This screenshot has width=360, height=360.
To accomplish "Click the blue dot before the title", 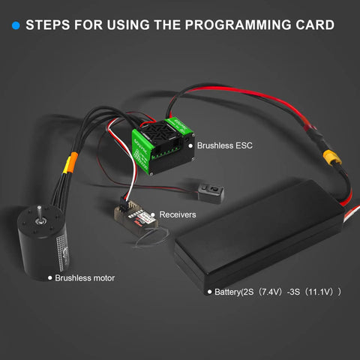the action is tap(16, 25).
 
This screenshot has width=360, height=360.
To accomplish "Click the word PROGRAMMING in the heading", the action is tap(238, 25).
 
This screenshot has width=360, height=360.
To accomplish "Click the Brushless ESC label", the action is tap(225, 145).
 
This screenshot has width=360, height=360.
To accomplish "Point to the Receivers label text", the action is tap(178, 214).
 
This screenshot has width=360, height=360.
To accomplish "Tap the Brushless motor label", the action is tap(85, 278).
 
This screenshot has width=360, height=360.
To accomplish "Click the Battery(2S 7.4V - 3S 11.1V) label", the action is tap(277, 292).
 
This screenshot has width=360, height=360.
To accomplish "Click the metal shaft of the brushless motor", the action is tap(39, 212).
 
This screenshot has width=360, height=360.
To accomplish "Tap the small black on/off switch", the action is tap(211, 192).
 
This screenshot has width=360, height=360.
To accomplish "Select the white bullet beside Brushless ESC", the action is tap(190, 145).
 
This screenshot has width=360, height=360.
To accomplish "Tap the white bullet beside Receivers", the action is tap(153, 214).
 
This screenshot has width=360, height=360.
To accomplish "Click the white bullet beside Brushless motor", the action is tap(50, 278).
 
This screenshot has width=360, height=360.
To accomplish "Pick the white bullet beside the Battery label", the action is tap(209, 292).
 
